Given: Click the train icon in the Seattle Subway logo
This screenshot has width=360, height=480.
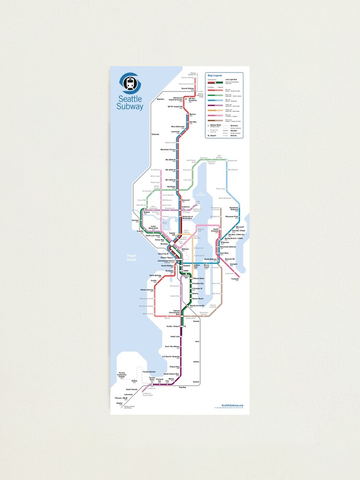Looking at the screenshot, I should coord(129,84).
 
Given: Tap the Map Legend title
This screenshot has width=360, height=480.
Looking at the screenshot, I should coord(215,76).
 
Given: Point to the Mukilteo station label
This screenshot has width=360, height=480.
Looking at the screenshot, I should coord(160,99).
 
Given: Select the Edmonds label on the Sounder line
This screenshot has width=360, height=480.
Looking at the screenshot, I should coord(155,134).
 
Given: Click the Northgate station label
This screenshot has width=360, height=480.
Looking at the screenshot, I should coord(172,187).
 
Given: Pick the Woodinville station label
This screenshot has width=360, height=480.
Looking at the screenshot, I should coord(233,160).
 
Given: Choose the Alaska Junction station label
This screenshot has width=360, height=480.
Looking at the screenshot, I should coord(147,290).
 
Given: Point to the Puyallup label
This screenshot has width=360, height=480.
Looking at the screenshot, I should coord(182,387).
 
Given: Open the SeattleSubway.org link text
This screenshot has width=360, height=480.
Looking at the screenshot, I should coord(232,406).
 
